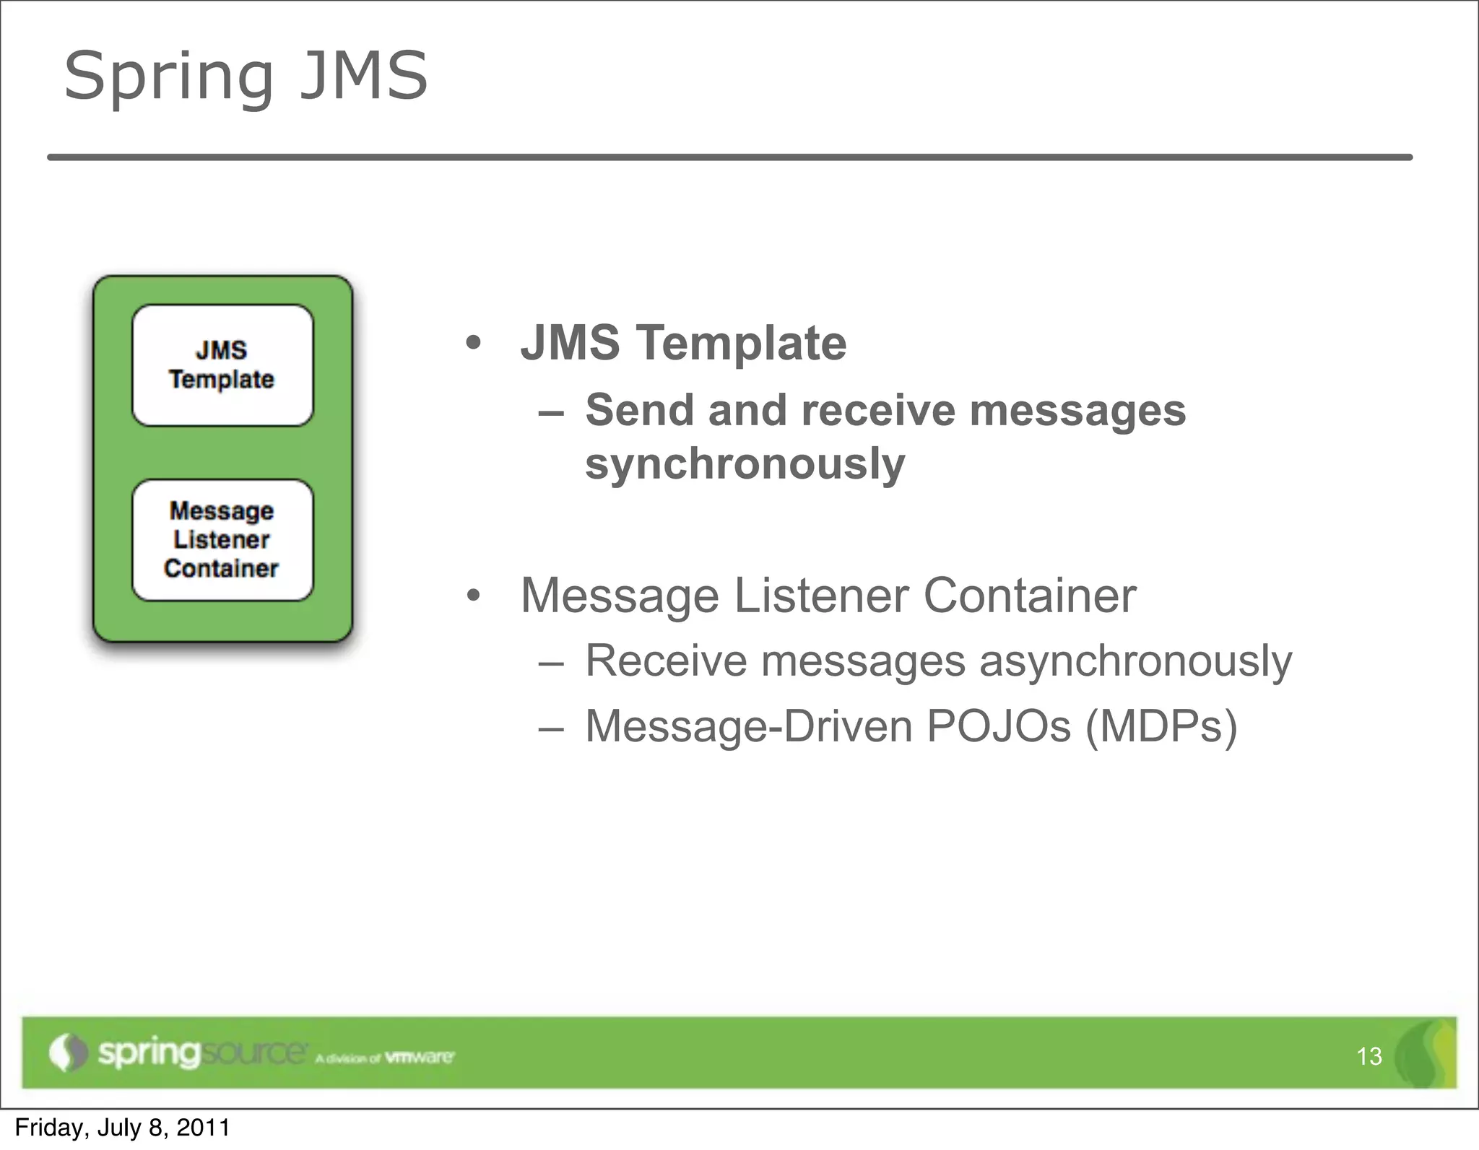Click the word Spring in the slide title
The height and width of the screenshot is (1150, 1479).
click(x=168, y=77)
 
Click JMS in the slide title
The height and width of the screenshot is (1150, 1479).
click(x=363, y=75)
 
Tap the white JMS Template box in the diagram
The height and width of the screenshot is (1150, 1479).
click(x=222, y=365)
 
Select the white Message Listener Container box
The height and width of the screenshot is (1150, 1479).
click(x=222, y=540)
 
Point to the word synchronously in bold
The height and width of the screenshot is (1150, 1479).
click(x=745, y=464)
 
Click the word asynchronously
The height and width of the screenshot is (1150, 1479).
click(x=1135, y=661)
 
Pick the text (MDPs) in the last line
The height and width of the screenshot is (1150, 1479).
click(x=1161, y=726)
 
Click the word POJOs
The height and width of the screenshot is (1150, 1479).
click(x=998, y=726)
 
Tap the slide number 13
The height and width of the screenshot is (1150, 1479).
click(x=1369, y=1057)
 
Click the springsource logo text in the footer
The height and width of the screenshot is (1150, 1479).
click(x=201, y=1053)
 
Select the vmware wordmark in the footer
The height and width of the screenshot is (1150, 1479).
click(x=419, y=1058)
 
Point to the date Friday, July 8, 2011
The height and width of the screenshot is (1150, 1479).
click(x=122, y=1128)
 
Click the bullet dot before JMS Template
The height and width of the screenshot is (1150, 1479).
click(x=473, y=344)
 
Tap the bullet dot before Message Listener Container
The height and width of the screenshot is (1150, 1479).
click(x=473, y=597)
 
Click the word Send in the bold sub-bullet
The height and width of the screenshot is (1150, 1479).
click(x=639, y=411)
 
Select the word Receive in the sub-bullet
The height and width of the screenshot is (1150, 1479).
click(x=665, y=661)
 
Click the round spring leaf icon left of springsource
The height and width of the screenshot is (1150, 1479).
click(x=67, y=1053)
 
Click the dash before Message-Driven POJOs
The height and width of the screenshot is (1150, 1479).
click(x=551, y=728)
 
